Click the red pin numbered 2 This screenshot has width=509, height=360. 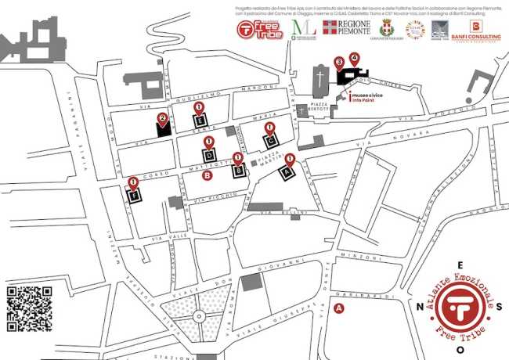click(x=162, y=120)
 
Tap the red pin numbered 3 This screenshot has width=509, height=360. click(x=339, y=62)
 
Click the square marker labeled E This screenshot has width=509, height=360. click(x=199, y=121)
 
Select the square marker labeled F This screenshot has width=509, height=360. click(x=134, y=196)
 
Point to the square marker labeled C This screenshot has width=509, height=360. click(x=269, y=141)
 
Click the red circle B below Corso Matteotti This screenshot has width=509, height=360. click(x=207, y=176)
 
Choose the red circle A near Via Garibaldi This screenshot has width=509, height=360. click(x=339, y=309)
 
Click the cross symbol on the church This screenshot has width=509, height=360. click(x=319, y=78)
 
